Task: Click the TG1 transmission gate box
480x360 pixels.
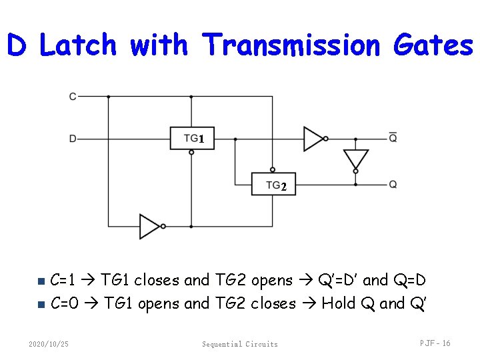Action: tap(191, 139)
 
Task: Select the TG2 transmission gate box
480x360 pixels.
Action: tap(273, 184)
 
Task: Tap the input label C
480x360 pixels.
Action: tap(73, 97)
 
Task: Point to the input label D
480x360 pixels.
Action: tap(73, 139)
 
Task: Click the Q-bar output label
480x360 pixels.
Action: tap(393, 138)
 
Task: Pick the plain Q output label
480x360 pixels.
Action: tap(393, 184)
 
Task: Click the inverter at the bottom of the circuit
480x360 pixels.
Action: tap(149, 227)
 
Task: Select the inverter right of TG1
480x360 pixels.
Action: tap(313, 139)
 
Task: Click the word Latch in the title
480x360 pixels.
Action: tap(78, 45)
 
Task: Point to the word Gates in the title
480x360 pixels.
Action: tap(433, 45)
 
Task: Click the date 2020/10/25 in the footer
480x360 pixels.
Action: tap(49, 344)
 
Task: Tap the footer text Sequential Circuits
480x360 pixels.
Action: tap(240, 344)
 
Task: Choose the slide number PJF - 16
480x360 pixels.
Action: tap(435, 343)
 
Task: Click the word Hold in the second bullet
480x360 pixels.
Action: tap(339, 304)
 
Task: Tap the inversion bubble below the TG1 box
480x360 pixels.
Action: tap(191, 153)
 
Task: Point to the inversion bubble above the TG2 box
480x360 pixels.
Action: tap(273, 170)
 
